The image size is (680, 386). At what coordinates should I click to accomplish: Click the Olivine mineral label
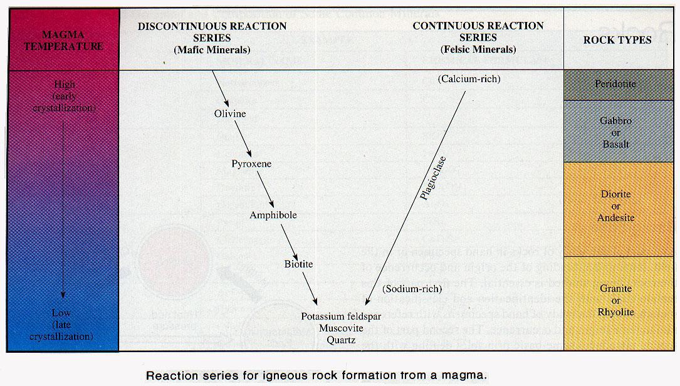pos(230,114)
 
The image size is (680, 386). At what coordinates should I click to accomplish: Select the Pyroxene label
pos(251,164)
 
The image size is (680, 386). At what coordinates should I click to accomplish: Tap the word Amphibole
pos(273,215)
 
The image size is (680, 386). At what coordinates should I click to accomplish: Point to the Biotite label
pos(298,264)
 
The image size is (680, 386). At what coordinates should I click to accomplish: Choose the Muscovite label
pos(337,328)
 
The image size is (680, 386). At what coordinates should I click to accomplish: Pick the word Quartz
pos(337,340)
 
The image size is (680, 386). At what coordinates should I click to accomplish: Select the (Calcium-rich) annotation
pos(469,79)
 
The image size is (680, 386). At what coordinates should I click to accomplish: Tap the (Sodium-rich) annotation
pos(412,289)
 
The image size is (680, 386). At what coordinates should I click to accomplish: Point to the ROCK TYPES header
pos(617,40)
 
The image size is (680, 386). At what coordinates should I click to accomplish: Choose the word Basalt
pos(615,144)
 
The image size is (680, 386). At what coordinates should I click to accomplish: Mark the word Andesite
pos(615,217)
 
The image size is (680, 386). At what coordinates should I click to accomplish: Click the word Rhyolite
pos(616,312)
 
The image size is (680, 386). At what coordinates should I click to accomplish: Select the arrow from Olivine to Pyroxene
pos(243,139)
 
